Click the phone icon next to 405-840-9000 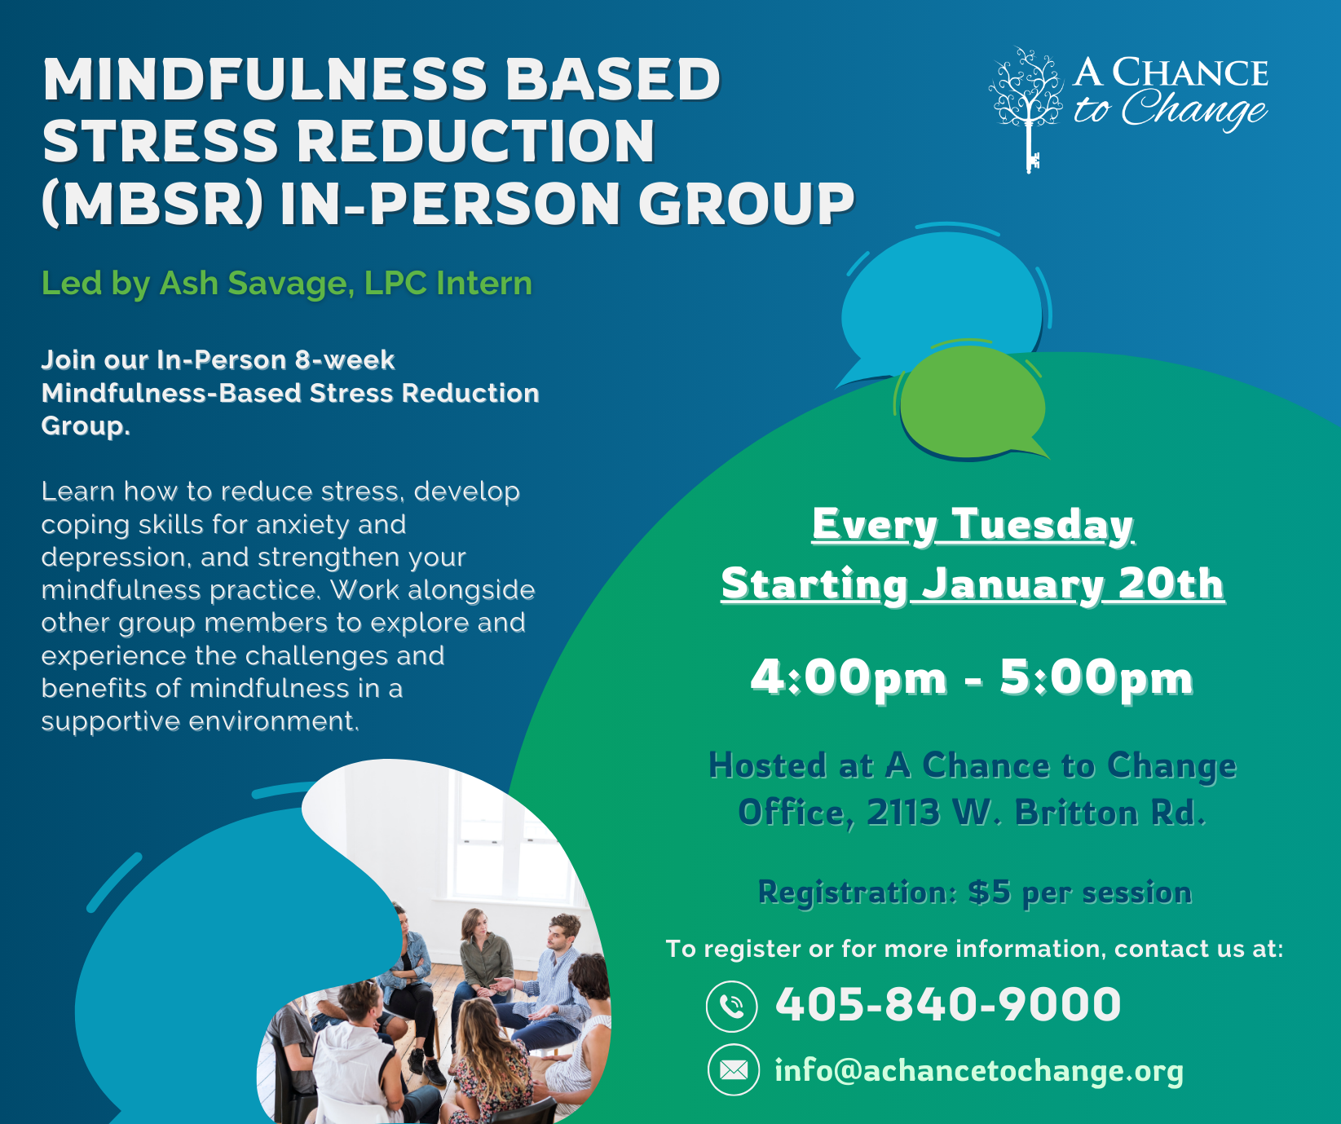(x=731, y=1006)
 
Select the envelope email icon (x=733, y=1069)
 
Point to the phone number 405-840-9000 (x=948, y=1004)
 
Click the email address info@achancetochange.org (x=978, y=1070)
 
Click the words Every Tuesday (x=973, y=524)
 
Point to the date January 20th (x=1073, y=584)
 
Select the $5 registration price (x=990, y=893)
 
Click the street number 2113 (x=902, y=813)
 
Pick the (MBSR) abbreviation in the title (x=152, y=204)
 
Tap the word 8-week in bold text (x=344, y=360)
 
